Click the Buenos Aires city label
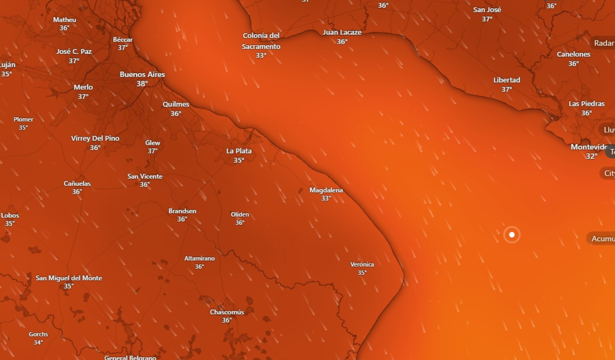click(142, 75)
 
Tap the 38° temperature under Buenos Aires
click(142, 84)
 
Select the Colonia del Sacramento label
click(261, 41)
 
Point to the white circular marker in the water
click(512, 235)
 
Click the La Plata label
click(239, 151)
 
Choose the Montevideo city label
click(589, 147)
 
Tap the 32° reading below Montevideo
click(591, 156)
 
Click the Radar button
click(604, 43)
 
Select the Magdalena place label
click(326, 190)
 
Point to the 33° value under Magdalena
click(326, 198)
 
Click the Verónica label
click(362, 264)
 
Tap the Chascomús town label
click(227, 312)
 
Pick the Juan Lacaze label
click(342, 32)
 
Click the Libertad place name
click(506, 80)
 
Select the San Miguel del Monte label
click(69, 278)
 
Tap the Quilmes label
click(176, 104)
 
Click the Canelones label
click(573, 54)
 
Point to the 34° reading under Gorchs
click(38, 342)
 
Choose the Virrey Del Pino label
click(95, 138)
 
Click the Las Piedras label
click(586, 104)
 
